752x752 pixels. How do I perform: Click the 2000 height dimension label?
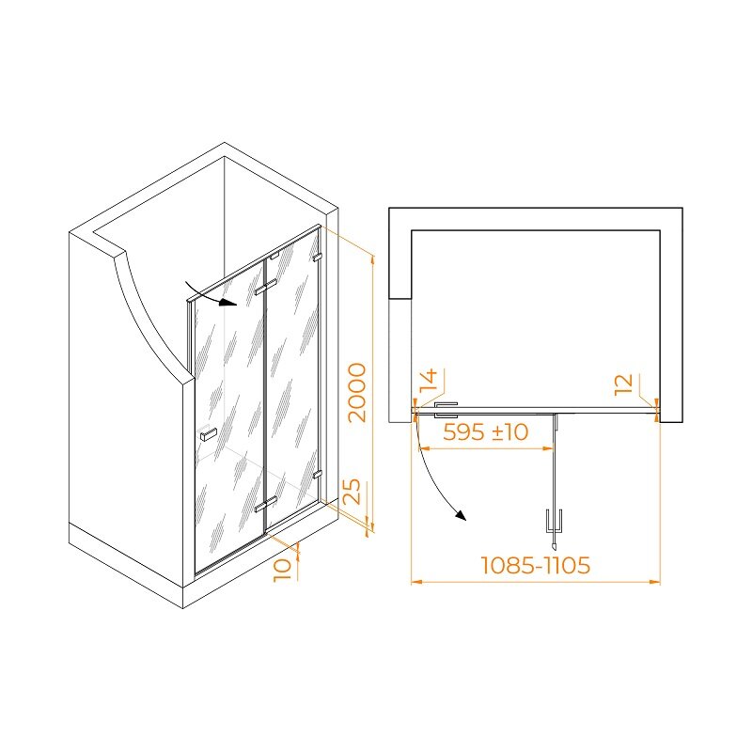tap(357, 392)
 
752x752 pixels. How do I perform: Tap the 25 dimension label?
tap(353, 491)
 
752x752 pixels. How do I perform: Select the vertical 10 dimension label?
tap(283, 571)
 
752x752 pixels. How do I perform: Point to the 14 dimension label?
tap(429, 380)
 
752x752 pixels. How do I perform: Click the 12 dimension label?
tap(623, 384)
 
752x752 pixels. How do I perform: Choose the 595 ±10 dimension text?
tap(485, 431)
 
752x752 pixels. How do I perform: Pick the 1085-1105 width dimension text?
tap(535, 565)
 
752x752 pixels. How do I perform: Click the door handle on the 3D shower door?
tap(208, 434)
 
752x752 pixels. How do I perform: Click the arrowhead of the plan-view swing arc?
tap(461, 515)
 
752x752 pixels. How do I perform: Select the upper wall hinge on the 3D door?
tap(317, 258)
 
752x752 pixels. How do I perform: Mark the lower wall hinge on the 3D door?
tap(317, 475)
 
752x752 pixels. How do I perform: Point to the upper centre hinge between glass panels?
tap(266, 288)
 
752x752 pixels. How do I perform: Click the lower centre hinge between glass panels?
tap(266, 504)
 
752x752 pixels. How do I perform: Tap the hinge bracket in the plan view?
tap(446, 410)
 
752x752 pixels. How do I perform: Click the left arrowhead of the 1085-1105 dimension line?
tap(416, 582)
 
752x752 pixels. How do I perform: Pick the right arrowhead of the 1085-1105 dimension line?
tap(654, 582)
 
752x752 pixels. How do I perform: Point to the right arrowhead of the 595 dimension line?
tap(548, 448)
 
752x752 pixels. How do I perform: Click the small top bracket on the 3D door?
tap(274, 257)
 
